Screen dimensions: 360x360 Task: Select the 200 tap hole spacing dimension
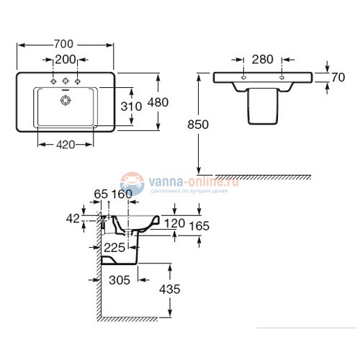pos(66,58)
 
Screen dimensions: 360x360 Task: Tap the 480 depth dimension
pos(156,102)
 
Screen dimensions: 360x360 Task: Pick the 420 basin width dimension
pos(66,144)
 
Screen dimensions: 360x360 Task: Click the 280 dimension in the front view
pos(262,58)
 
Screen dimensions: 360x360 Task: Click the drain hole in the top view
pos(66,99)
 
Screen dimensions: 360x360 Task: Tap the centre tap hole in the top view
pos(66,80)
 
